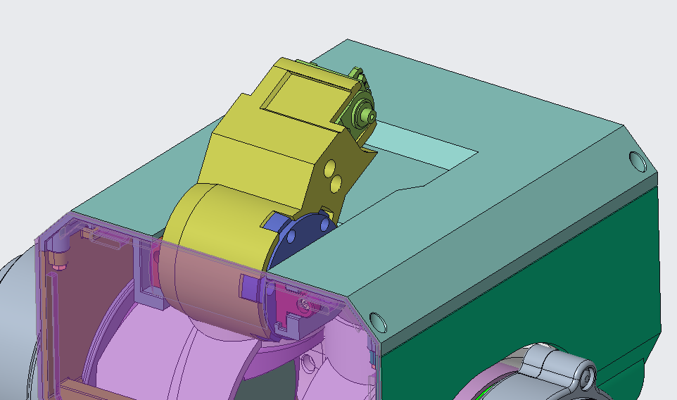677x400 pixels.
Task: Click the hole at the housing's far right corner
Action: point(638,161)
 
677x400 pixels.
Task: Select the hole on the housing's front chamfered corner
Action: point(377,320)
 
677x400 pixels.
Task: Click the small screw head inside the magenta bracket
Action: point(304,304)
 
